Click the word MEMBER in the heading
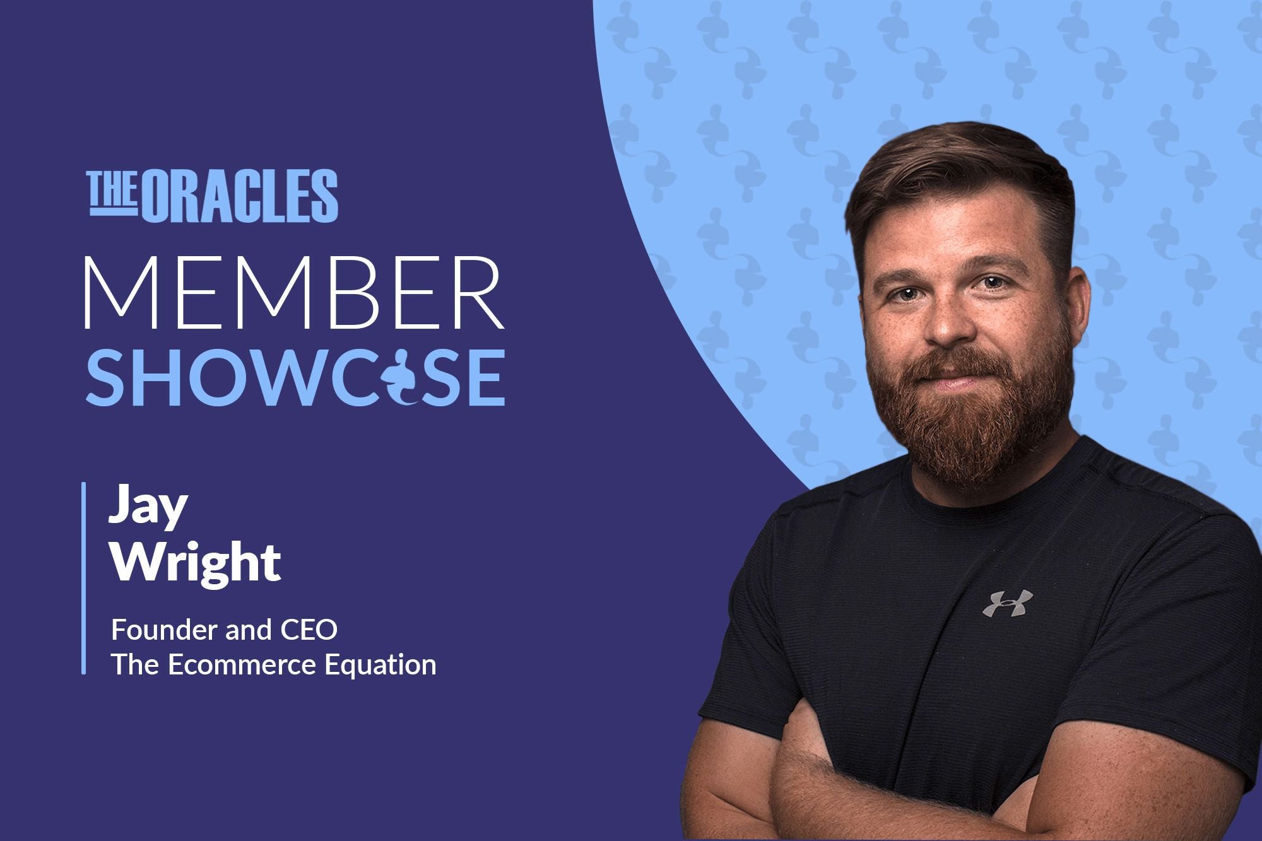(x=294, y=293)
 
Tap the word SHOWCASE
(x=295, y=377)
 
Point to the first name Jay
(x=148, y=507)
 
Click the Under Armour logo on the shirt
(x=1008, y=603)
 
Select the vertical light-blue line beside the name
(x=83, y=578)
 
